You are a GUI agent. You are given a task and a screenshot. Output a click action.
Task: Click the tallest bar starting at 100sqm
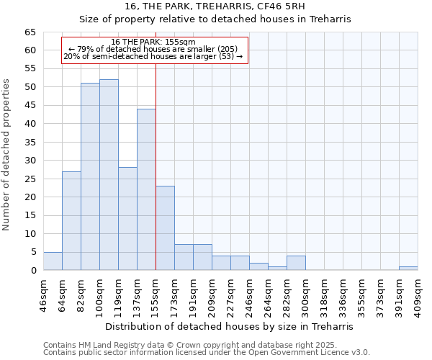109,175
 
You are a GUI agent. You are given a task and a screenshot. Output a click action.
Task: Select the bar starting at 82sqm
90,176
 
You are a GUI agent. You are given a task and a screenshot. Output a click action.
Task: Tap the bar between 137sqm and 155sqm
146,189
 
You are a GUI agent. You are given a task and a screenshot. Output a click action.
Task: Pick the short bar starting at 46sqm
53,261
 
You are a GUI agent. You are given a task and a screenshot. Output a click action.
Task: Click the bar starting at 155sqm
165,228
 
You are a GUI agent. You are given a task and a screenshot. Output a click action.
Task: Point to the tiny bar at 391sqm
408,269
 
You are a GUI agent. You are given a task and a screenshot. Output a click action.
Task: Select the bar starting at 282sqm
296,263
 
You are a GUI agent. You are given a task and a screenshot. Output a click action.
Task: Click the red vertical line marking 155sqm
156,166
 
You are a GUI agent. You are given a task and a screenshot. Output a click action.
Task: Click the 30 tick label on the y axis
30,161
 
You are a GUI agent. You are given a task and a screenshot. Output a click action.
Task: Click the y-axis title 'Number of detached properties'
7,155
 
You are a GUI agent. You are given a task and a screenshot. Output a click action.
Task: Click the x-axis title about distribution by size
229,326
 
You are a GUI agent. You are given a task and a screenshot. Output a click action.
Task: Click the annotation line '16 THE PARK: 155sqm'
153,42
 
